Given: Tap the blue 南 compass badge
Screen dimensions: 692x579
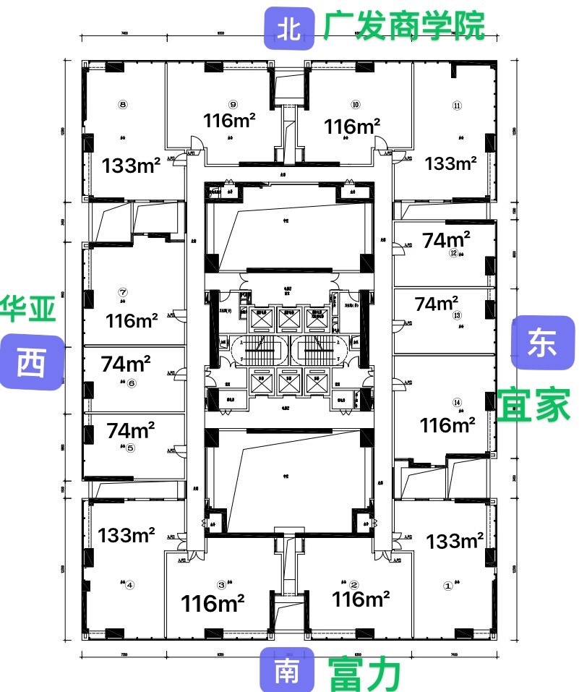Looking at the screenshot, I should [x=288, y=672].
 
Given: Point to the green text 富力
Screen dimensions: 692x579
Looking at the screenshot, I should [x=365, y=674].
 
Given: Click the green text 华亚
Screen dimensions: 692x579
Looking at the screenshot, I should [x=29, y=309].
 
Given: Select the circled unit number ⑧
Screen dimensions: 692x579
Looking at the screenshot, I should [x=124, y=103].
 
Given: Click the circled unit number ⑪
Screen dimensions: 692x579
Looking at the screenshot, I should [x=457, y=104].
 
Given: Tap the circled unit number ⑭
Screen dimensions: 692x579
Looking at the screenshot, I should [x=457, y=402].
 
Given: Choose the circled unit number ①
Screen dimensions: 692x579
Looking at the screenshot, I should [x=447, y=587].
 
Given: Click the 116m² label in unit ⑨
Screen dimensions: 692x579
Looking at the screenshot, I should [x=230, y=121].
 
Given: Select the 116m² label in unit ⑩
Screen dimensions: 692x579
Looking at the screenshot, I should [x=353, y=127].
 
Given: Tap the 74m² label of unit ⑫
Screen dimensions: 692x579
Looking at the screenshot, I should [x=447, y=240].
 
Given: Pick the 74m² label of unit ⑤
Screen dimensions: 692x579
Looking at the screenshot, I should [x=131, y=430].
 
